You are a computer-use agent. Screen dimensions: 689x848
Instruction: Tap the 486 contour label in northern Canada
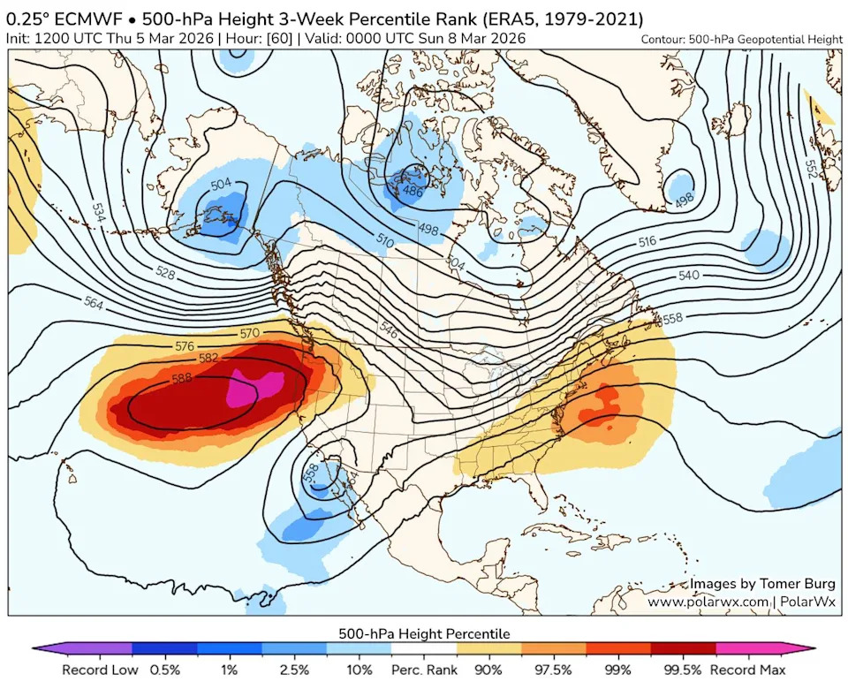click(x=412, y=190)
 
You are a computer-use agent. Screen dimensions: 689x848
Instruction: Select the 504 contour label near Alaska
click(x=222, y=185)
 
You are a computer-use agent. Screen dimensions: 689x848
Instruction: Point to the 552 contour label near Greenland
click(x=812, y=167)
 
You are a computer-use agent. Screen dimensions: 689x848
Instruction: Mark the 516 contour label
click(x=647, y=241)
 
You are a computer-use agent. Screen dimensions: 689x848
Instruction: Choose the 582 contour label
click(x=209, y=359)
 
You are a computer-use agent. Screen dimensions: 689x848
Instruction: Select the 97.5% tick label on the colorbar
click(x=555, y=670)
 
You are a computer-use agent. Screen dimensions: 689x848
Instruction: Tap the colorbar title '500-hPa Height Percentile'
click(x=424, y=633)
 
